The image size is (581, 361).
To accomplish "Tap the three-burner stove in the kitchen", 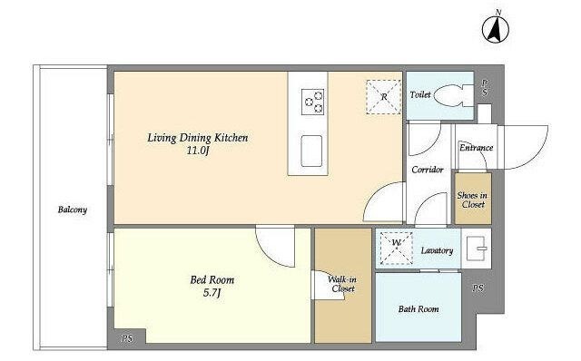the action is [312, 102].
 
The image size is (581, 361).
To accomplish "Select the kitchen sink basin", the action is [311, 151].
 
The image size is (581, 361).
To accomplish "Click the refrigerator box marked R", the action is [383, 97].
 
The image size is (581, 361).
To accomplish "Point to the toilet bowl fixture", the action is [453, 96].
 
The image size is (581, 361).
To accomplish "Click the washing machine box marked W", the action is [396, 248].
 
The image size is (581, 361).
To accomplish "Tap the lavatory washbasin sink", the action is [476, 248].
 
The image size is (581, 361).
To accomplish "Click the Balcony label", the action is [73, 210].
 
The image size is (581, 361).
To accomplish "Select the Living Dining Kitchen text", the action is [198, 138].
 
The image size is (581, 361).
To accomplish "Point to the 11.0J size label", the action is [198, 151].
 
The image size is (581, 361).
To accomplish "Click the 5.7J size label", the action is [212, 293].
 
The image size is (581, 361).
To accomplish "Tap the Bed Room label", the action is [212, 280].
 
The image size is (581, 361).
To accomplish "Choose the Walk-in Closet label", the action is [342, 284].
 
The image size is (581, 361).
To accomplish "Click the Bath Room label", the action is [419, 308].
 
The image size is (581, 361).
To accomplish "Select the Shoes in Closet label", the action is [472, 200].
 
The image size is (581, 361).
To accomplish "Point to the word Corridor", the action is [428, 170].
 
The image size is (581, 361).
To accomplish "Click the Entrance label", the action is [476, 148].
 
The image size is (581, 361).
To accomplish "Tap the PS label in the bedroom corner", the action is [127, 338].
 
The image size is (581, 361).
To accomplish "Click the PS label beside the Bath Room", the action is [478, 288].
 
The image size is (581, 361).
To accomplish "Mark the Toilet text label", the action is [420, 95].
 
